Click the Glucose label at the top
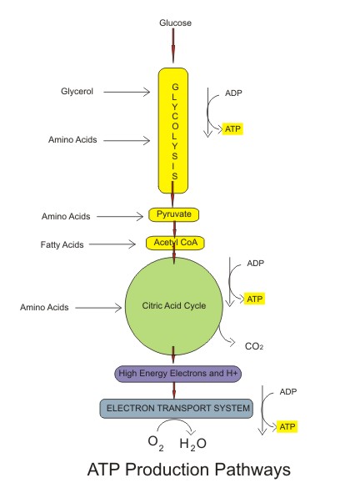tap(175, 23)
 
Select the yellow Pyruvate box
tap(174, 214)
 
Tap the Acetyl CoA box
tap(175, 243)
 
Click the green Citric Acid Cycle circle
tap(174, 306)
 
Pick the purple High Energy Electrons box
tap(178, 374)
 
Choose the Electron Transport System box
tap(177, 409)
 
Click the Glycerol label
tap(77, 92)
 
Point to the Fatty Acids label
tap(62, 244)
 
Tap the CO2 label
tap(254, 346)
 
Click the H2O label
tap(192, 444)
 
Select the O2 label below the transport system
tap(156, 443)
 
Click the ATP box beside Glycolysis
tap(232, 129)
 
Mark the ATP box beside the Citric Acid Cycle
tap(254, 299)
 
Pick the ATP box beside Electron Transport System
tap(287, 426)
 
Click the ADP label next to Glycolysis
tap(233, 93)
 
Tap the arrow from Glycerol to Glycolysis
tap(127, 92)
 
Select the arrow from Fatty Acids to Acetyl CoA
tap(112, 244)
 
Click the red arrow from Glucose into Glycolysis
tap(173, 45)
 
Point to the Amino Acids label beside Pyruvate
tap(66, 216)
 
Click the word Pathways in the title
tap(252, 470)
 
